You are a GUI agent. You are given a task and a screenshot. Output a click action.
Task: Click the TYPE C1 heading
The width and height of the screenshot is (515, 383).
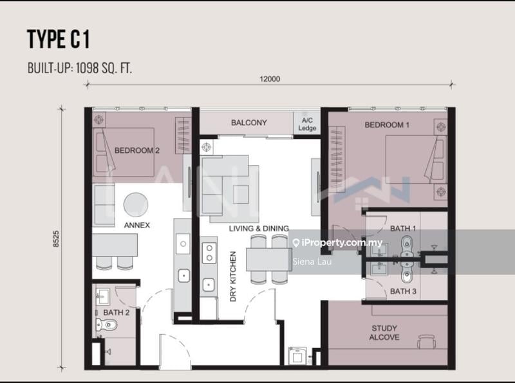click(58, 40)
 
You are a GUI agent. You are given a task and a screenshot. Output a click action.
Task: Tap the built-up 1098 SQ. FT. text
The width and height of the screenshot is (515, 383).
click(79, 68)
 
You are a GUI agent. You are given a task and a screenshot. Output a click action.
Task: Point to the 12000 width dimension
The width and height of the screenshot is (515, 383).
click(270, 79)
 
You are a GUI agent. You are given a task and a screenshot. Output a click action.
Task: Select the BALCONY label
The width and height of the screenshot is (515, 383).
click(248, 123)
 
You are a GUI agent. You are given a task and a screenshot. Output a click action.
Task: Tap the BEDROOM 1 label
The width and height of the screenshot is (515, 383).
click(387, 125)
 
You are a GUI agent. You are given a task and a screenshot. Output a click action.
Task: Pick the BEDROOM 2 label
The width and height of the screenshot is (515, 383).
click(136, 150)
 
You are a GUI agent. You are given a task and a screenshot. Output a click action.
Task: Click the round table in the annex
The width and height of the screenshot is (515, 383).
click(136, 204)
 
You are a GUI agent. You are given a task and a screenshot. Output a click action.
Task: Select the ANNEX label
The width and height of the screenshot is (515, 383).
click(136, 226)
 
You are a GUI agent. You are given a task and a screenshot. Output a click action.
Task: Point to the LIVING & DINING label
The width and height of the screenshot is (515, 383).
click(259, 228)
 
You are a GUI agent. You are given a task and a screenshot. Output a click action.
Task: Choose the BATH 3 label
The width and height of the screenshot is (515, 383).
click(404, 291)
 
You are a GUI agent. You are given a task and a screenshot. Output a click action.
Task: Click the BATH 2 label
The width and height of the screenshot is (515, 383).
click(117, 313)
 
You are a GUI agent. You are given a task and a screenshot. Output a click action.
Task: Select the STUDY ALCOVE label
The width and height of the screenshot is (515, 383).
click(384, 333)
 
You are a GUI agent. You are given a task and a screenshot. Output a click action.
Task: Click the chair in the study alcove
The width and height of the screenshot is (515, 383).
click(426, 341)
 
